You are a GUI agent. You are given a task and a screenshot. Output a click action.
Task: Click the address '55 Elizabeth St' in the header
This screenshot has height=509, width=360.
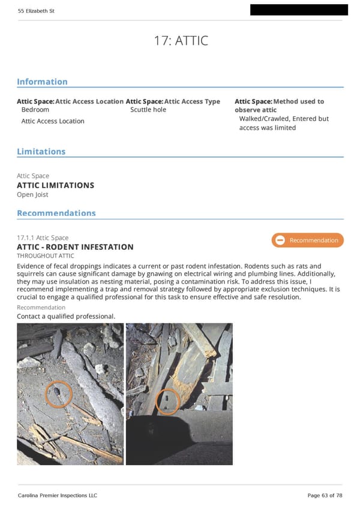pos(36,11)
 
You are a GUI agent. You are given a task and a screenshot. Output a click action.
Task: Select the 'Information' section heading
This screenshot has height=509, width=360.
pos(42,82)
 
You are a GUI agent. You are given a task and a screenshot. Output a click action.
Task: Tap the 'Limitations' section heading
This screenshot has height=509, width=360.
pos(41,152)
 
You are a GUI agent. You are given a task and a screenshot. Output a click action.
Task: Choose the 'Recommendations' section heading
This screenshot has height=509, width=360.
pos(56,213)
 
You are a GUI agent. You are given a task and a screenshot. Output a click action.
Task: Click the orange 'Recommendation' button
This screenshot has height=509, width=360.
pos(307,240)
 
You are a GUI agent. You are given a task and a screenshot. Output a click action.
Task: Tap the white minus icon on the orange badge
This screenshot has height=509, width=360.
pos(280,240)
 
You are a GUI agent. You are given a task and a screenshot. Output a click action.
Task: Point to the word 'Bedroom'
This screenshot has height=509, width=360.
pos(35,110)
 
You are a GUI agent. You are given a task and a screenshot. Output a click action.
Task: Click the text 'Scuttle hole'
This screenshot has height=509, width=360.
pos(148,110)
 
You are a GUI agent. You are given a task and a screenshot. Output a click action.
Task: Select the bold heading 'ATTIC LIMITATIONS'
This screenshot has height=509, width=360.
pos(55,185)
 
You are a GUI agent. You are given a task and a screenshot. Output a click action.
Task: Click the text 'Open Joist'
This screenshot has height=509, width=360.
pos(32,194)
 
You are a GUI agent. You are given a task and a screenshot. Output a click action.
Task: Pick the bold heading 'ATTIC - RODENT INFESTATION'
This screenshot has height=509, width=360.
pos(75,247)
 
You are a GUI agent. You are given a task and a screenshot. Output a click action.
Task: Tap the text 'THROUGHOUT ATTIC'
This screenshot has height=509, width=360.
pos(46,256)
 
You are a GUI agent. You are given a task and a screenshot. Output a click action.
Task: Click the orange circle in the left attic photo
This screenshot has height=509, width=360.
pos(59,394)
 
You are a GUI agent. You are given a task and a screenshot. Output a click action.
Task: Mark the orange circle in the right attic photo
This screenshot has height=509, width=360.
pos(167,401)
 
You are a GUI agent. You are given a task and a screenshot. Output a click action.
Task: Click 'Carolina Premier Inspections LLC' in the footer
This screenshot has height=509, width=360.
pos(57,495)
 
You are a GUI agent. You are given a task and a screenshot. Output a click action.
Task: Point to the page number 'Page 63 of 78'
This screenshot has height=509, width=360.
pos(325,495)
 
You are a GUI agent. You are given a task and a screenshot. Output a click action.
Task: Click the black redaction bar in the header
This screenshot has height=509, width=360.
pos(299,10)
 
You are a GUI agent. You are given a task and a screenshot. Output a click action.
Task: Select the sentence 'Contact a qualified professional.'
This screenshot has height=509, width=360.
pos(65,316)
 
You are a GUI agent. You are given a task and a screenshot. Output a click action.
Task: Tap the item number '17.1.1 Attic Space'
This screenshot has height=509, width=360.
pos(43,238)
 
